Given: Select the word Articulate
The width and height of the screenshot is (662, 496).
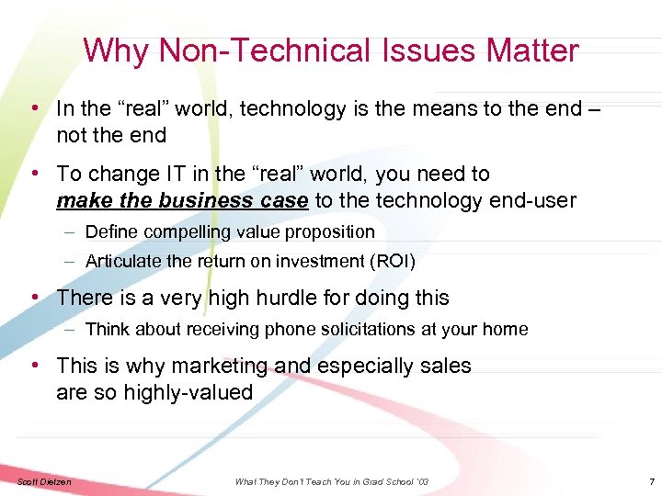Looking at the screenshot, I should (x=123, y=262).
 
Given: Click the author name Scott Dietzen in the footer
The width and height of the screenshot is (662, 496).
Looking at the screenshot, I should (x=43, y=482).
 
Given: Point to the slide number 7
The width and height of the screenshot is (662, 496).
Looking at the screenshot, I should (x=651, y=482).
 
